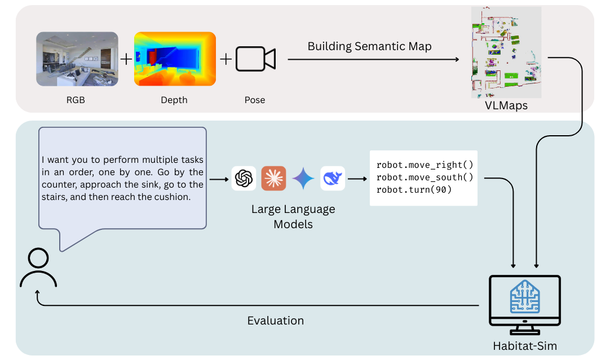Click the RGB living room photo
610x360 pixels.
pos(77,59)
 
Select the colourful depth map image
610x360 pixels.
pos(175,59)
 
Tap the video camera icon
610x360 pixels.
pos(255,59)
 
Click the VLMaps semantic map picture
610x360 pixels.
pos(505,52)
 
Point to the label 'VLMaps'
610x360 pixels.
pos(506,105)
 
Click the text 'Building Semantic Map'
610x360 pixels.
pos(369,46)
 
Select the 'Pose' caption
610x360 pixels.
pos(255,100)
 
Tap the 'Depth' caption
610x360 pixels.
pos(174,100)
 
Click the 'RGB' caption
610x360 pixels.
pos(77,100)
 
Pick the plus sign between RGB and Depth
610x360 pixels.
pos(126,59)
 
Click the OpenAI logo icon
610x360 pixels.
pos(244,179)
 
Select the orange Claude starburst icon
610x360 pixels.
pos(273,179)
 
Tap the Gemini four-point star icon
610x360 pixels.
pos(303,179)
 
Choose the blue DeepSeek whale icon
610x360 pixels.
pos(332,179)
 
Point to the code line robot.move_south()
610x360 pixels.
pos(425,177)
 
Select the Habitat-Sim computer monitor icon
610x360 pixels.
pos(525,302)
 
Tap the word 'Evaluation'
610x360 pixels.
pos(275,321)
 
